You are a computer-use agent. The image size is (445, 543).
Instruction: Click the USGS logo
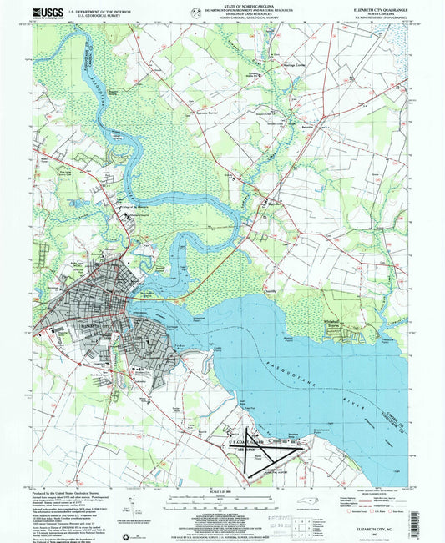tap(41, 12)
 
